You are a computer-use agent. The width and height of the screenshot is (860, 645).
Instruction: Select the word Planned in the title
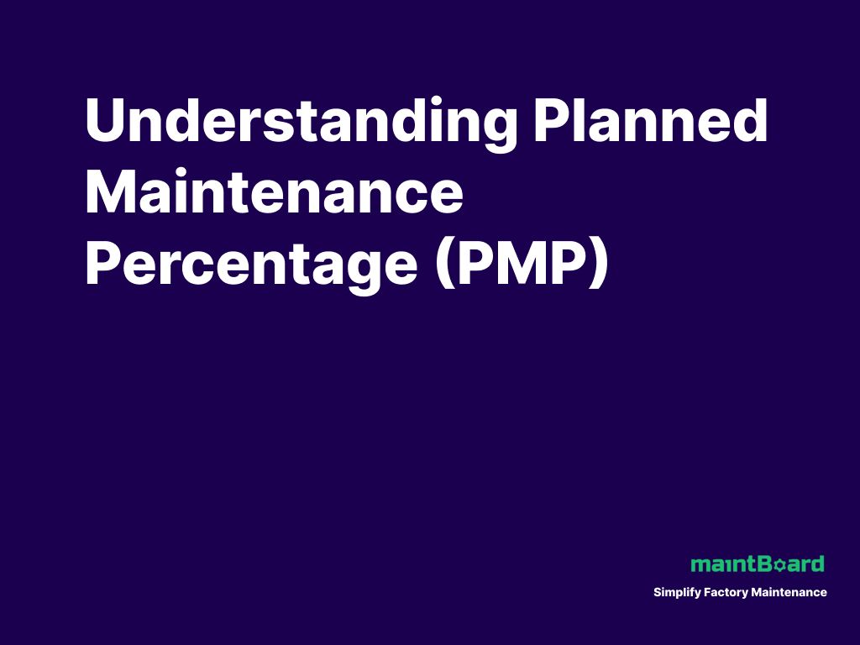point(651,122)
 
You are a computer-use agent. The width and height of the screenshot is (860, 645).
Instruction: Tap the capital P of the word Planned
point(551,122)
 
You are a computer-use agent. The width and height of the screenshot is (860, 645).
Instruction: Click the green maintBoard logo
point(758,564)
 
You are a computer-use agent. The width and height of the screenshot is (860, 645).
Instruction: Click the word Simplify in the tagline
point(676,593)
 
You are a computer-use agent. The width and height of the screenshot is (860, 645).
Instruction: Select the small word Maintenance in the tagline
point(789,592)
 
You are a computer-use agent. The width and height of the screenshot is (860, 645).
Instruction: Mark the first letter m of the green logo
point(699,564)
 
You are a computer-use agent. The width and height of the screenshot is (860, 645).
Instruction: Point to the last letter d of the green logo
point(817,564)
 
